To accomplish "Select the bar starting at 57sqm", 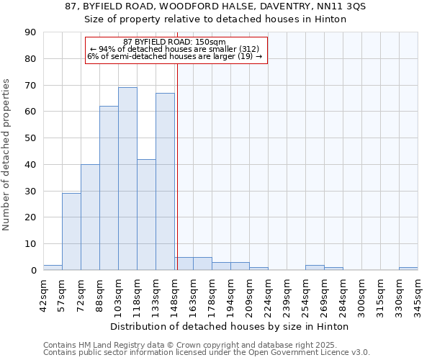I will pyautogui.click(x=71, y=232).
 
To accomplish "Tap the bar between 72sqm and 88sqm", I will pyautogui.click(x=90, y=217).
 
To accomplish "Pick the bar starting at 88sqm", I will pyautogui.click(x=109, y=188).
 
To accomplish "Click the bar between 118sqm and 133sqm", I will pyautogui.click(x=146, y=215).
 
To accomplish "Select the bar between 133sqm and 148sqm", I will pyautogui.click(x=165, y=181).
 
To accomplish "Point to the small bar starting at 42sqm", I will pyautogui.click(x=53, y=268).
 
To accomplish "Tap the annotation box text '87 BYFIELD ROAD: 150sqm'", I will pyautogui.click(x=175, y=42).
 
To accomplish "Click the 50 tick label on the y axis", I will pyautogui.click(x=30, y=138).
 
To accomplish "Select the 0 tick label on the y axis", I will pyautogui.click(x=33, y=271).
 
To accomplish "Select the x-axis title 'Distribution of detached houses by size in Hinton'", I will pyautogui.click(x=230, y=326).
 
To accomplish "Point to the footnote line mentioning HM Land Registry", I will pyautogui.click(x=207, y=345).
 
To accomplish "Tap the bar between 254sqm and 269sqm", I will pyautogui.click(x=315, y=268).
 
